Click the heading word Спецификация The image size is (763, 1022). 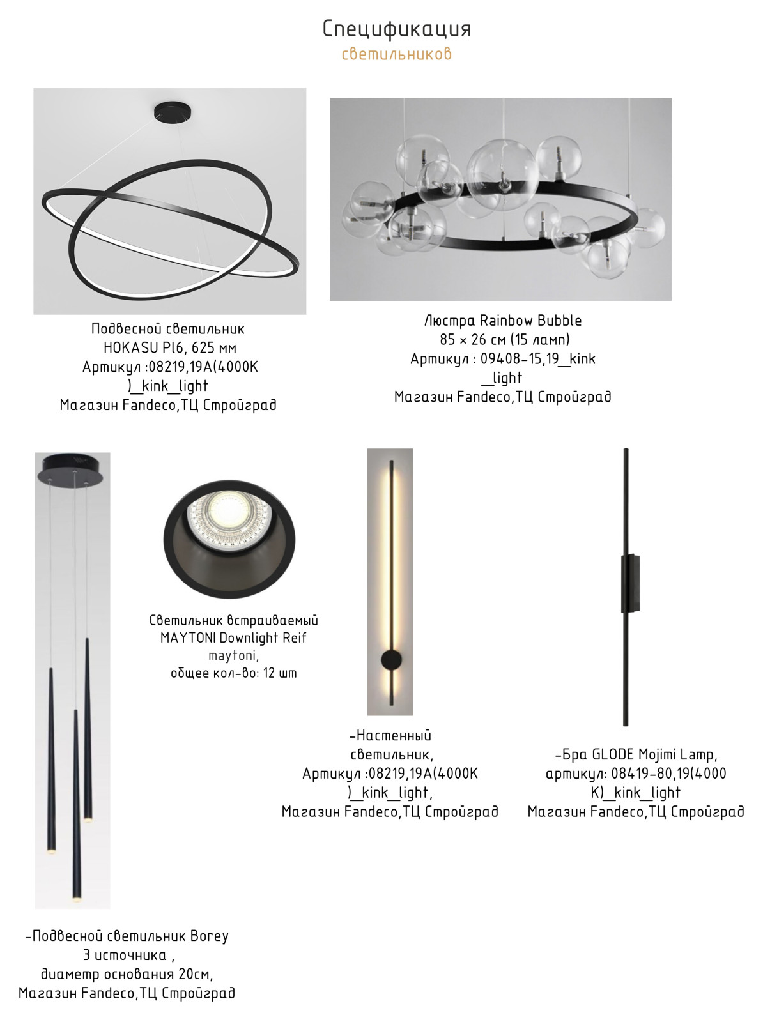tap(396, 29)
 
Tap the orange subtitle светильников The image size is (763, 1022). tap(396, 54)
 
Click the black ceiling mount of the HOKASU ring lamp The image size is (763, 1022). tap(173, 112)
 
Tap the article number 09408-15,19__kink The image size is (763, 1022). tap(538, 358)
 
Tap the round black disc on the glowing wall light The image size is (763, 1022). tap(390, 660)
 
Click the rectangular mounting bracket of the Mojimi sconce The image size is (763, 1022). tap(630, 583)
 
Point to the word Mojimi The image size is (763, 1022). tap(656, 755)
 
